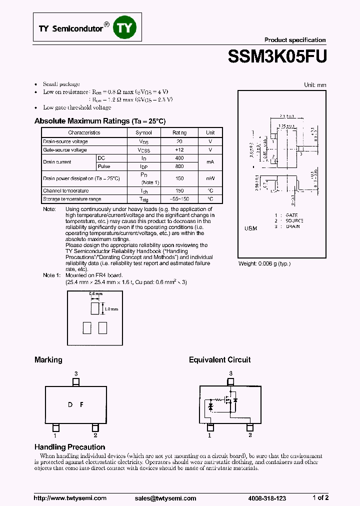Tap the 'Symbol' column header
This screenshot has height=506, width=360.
click(144, 132)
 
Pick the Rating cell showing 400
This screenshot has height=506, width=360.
click(179, 158)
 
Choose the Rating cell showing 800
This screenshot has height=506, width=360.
click(179, 166)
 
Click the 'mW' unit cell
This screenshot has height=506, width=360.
click(210, 178)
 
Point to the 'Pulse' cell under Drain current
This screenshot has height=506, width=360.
click(104, 166)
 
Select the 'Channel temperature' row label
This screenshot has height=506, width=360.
click(66, 191)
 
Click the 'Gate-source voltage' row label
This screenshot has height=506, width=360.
click(65, 150)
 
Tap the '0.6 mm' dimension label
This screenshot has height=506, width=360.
click(95, 294)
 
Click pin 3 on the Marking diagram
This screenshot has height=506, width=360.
click(75, 382)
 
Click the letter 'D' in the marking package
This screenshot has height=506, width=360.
click(70, 404)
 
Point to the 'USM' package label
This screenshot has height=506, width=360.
click(250, 228)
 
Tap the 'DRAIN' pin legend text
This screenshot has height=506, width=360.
click(292, 226)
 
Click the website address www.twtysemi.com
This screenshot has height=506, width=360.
click(70, 498)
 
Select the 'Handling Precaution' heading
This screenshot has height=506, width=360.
click(69, 447)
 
